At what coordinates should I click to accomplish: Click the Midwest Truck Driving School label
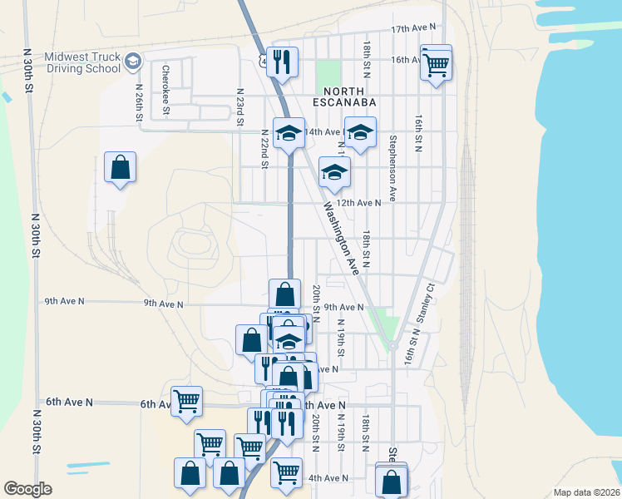click(x=81, y=62)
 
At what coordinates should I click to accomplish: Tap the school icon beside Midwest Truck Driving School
click(x=132, y=62)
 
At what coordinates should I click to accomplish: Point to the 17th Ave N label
click(x=414, y=29)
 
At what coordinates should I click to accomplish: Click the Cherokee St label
click(x=166, y=89)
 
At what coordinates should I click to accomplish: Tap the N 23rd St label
click(x=239, y=107)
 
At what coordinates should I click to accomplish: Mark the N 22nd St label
click(x=264, y=148)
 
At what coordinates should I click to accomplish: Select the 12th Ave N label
click(x=360, y=202)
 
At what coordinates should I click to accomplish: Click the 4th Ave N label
click(x=327, y=478)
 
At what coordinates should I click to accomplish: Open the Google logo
click(x=27, y=489)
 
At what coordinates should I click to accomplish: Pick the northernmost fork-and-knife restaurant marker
click(x=282, y=62)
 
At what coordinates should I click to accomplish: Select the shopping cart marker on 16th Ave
click(x=436, y=63)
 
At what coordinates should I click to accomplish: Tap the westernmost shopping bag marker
click(x=120, y=167)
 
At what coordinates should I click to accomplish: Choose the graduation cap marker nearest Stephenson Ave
click(x=360, y=132)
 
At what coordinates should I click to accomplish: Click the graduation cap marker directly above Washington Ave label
click(x=334, y=172)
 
